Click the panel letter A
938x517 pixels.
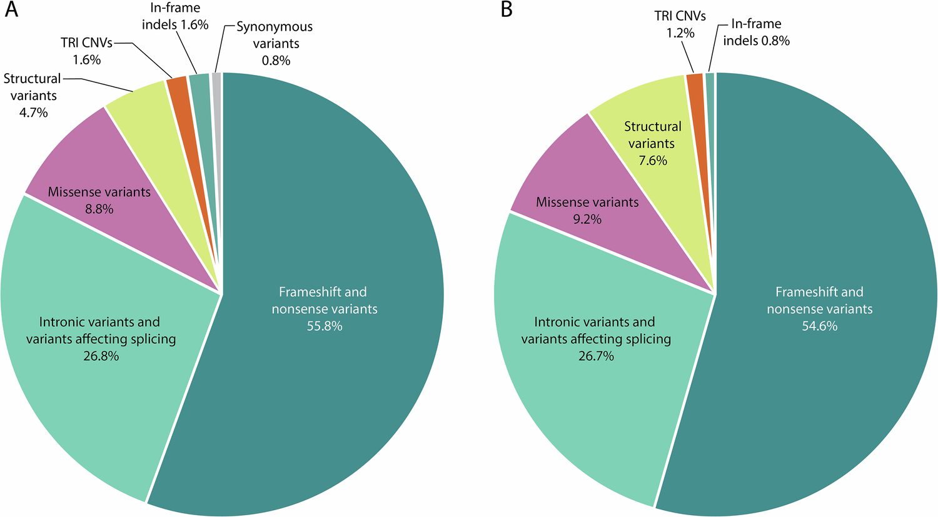pos(11,11)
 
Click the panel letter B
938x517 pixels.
pos(506,11)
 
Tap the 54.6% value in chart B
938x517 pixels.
pos(819,326)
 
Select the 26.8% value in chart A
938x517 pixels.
pos(100,356)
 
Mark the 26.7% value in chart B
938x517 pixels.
pos(595,356)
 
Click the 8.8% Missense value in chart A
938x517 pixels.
pos(99,209)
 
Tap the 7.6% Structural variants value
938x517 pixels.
pos(652,160)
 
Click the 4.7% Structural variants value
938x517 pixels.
pos(33,113)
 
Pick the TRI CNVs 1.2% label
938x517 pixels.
pos(680,24)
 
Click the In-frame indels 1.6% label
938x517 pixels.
pos(174,17)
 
